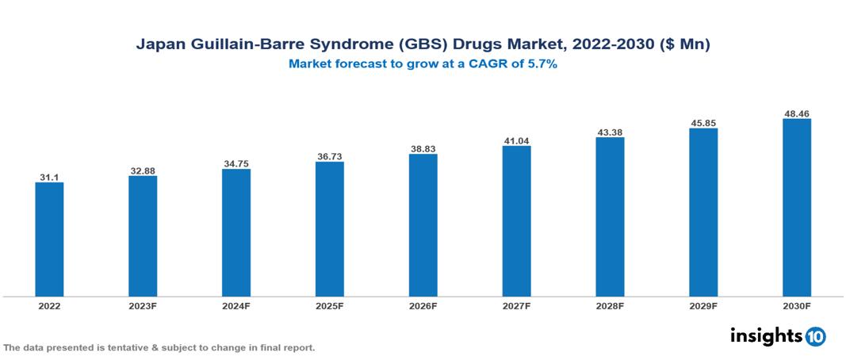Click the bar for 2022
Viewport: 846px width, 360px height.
49,239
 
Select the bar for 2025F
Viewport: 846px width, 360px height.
329,229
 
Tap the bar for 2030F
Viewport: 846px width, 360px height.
796,208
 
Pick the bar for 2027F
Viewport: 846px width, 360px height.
516,221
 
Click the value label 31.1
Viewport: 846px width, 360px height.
49,177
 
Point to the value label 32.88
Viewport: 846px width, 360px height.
143,170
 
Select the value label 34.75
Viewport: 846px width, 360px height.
236,163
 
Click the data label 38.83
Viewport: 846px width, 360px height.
423,148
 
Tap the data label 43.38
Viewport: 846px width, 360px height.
610,132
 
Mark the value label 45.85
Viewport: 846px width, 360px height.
703,123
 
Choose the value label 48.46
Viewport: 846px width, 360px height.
796,113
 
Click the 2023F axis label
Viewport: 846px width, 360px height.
143,305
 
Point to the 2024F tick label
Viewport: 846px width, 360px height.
236,305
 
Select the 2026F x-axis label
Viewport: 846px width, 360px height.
423,305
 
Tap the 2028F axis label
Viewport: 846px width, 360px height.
610,305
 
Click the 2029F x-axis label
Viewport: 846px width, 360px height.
703,305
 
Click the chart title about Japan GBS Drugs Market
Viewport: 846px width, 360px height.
423,45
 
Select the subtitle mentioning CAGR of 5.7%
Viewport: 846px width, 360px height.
423,64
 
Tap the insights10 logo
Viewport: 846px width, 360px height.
777,336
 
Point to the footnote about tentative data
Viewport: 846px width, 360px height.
159,347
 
